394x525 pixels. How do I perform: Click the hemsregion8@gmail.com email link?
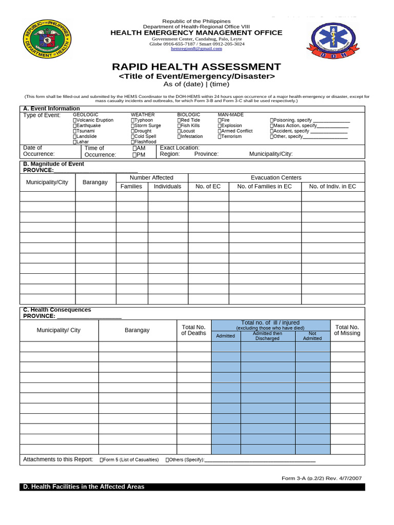(x=196, y=49)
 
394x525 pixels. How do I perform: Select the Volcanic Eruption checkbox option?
(x=75, y=120)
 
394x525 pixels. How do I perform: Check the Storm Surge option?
(x=133, y=126)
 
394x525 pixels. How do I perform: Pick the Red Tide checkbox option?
(x=180, y=120)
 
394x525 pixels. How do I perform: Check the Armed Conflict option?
(x=220, y=131)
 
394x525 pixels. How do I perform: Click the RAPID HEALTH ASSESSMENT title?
(x=196, y=67)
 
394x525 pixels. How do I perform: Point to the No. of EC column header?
(x=208, y=187)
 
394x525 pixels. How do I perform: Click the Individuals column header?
(x=167, y=187)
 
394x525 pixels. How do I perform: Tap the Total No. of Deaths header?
(x=193, y=330)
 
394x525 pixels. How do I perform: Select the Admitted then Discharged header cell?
(x=267, y=336)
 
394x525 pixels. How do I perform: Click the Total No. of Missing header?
(x=347, y=330)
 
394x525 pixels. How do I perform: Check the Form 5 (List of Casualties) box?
(x=102, y=460)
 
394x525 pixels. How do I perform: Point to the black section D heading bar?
(x=192, y=487)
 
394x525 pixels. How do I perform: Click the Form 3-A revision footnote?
(x=322, y=478)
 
